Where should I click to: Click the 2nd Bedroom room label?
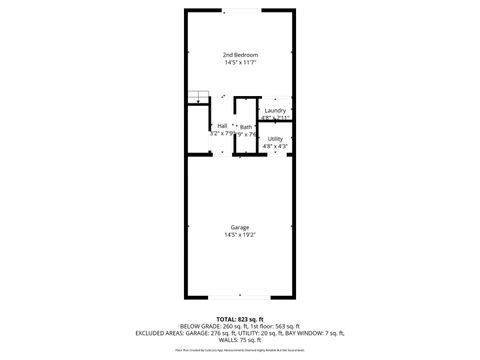click(239, 54)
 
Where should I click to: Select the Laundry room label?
click(276, 110)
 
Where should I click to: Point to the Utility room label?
click(275, 138)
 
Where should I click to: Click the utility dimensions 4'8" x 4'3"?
click(275, 147)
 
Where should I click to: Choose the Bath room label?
click(245, 127)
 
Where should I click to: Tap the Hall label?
click(222, 126)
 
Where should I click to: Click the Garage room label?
click(239, 227)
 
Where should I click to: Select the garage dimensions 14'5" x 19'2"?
click(239, 236)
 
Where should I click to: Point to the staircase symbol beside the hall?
click(199, 97)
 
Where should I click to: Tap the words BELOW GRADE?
click(198, 325)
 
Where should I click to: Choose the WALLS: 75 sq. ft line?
click(239, 341)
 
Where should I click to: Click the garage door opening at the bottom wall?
click(239, 297)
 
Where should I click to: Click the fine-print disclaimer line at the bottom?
click(239, 351)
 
